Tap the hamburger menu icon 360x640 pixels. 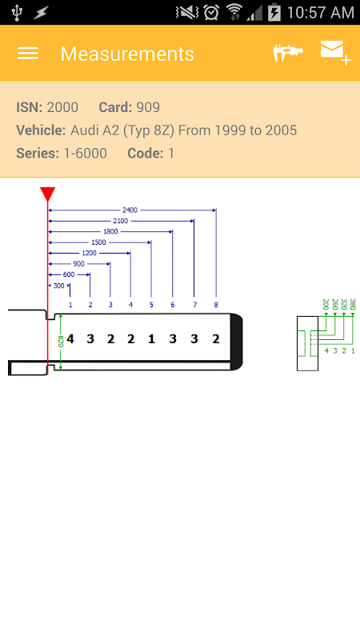[28, 54]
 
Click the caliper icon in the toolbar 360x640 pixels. [288, 53]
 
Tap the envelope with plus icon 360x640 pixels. [335, 53]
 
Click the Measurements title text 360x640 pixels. [127, 54]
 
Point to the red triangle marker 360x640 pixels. [48, 194]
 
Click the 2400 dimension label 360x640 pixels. [130, 210]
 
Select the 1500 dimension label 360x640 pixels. [98, 242]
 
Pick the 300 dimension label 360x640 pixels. [58, 286]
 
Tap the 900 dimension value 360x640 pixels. [78, 264]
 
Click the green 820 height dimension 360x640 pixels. [61, 342]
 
